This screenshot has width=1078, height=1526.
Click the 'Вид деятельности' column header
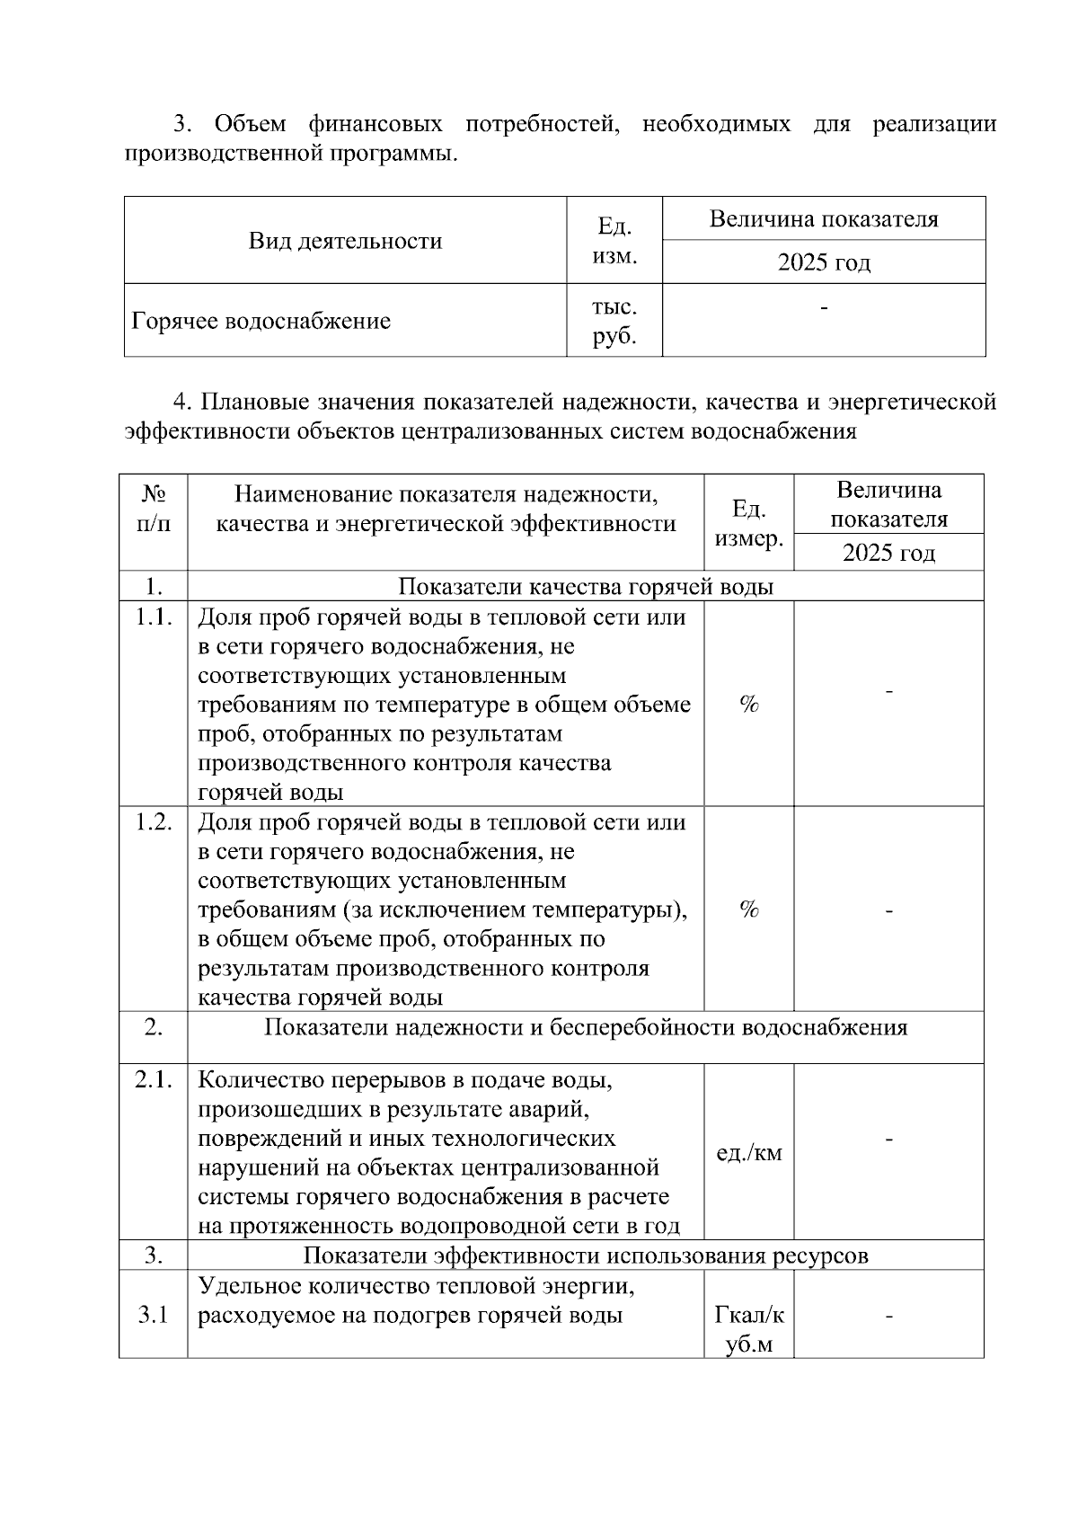[x=345, y=241]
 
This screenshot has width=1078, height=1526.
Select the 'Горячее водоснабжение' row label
[x=261, y=321]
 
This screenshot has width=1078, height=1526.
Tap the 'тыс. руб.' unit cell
[x=614, y=321]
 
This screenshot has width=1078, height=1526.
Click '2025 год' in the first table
[x=824, y=262]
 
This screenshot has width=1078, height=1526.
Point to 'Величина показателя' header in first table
[x=824, y=219]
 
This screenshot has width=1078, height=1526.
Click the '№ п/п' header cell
[x=154, y=508]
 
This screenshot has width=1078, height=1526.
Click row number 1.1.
[x=154, y=617]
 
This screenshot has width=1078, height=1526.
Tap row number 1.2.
[x=154, y=822]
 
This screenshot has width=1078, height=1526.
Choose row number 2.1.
[x=154, y=1080]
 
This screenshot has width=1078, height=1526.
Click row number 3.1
[x=154, y=1316]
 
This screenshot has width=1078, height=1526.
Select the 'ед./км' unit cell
[x=749, y=1153]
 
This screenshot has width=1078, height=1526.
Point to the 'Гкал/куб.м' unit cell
[x=749, y=1330]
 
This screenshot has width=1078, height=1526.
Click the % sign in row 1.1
[x=749, y=705]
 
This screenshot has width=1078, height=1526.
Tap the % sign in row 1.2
[x=749, y=909]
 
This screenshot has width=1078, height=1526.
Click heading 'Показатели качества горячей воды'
[x=586, y=587]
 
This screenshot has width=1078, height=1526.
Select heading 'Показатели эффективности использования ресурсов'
[x=586, y=1255]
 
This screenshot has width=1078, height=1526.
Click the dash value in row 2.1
[x=888, y=1140]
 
